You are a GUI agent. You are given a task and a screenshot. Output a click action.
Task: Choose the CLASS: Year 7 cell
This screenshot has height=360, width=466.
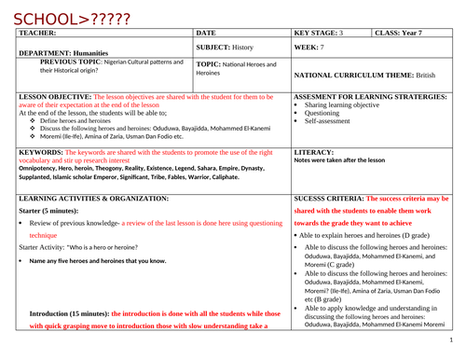tap(402, 32)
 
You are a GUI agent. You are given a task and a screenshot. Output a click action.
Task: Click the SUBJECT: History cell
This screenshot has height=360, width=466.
tap(229, 46)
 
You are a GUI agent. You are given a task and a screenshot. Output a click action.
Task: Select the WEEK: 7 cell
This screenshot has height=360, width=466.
tap(310, 46)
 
